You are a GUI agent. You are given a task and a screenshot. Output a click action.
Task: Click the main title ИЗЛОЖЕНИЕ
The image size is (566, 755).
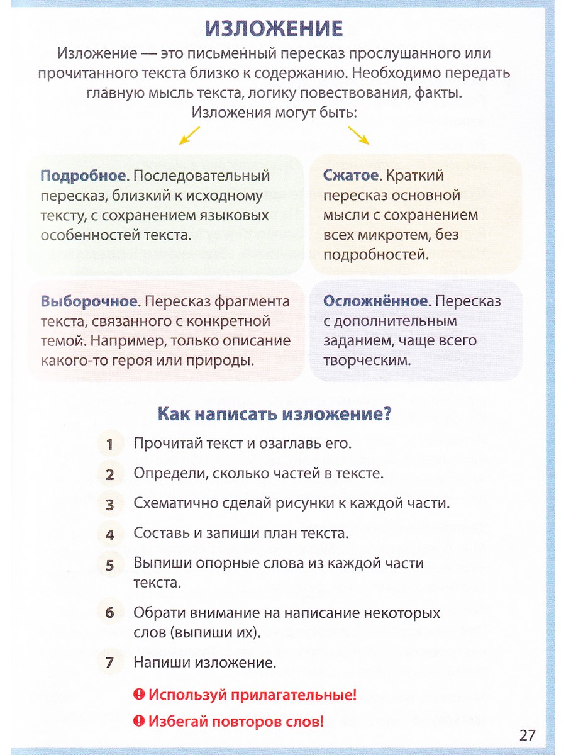tap(274, 28)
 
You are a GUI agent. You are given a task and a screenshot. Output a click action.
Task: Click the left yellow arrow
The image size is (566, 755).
tap(189, 135)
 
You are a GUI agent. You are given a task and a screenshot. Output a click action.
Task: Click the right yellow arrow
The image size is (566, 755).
tap(358, 135)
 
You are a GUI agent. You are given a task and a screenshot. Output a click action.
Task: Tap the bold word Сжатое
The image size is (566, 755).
tap(350, 176)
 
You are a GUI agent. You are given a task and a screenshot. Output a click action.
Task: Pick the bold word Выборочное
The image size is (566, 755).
tap(89, 301)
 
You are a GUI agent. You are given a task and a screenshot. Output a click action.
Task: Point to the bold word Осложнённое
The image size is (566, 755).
tap(375, 301)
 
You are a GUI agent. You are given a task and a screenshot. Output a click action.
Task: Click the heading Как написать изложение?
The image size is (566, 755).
tap(274, 414)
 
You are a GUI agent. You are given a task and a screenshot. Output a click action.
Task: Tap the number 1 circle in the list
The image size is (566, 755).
tap(110, 444)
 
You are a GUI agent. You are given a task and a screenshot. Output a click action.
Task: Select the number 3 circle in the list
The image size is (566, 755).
tap(110, 505)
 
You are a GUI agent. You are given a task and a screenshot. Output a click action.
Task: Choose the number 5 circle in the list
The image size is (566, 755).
tap(110, 565)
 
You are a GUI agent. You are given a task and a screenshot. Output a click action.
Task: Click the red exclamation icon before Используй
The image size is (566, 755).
tap(139, 695)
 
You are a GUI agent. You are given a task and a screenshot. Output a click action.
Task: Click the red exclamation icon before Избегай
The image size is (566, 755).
tap(139, 720)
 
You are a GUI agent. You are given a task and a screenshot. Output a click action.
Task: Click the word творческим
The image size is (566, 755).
tap(367, 361)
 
